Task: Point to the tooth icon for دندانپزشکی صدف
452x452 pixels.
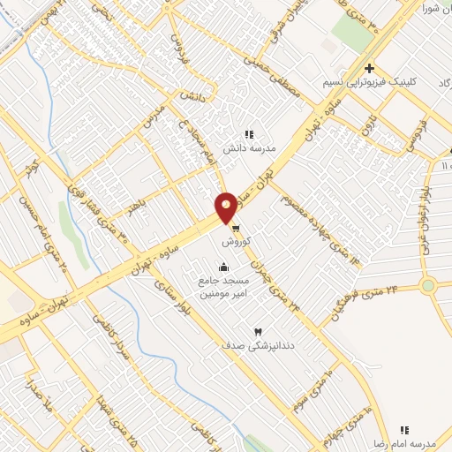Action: pyautogui.click(x=258, y=331)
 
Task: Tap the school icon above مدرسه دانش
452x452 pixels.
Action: pyautogui.click(x=249, y=135)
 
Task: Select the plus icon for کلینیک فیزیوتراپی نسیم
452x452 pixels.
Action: pyautogui.click(x=369, y=68)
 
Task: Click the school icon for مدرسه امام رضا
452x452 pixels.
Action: pyautogui.click(x=405, y=429)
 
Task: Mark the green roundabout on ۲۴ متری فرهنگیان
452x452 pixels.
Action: pyautogui.click(x=428, y=285)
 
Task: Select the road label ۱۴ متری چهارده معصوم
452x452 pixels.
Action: pyautogui.click(x=321, y=225)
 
